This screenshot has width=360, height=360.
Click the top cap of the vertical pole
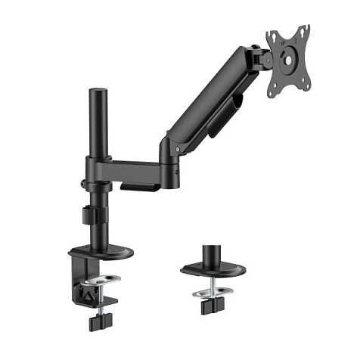(98, 93)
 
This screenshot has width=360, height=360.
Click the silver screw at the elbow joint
(177, 151)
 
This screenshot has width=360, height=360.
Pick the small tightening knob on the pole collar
(82, 182)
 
